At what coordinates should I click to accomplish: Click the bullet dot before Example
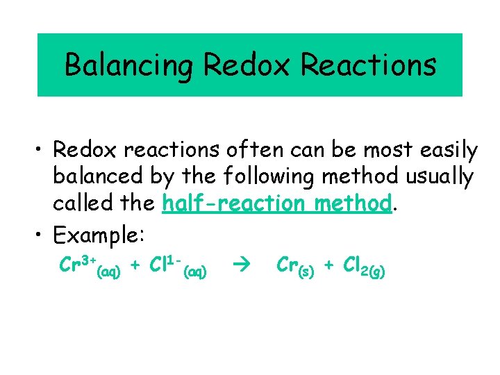coord(41,235)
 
